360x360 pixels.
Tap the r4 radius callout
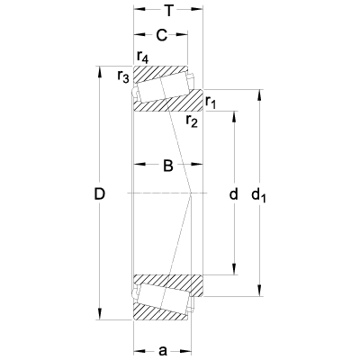(142, 58)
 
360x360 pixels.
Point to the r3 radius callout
(123, 77)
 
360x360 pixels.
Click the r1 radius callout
(211, 103)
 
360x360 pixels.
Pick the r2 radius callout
(192, 120)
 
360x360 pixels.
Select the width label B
(167, 165)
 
